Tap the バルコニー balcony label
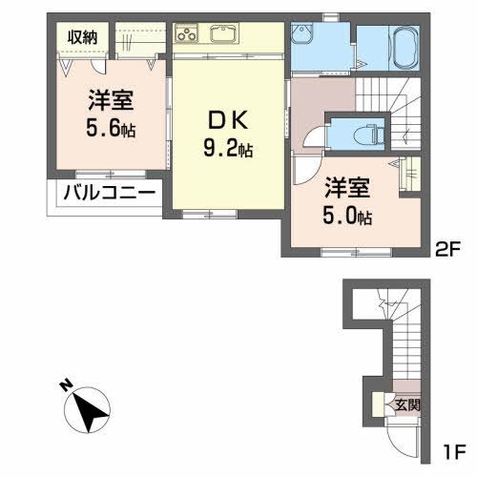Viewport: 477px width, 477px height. [x=109, y=192]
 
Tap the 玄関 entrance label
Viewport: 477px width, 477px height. [x=407, y=404]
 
